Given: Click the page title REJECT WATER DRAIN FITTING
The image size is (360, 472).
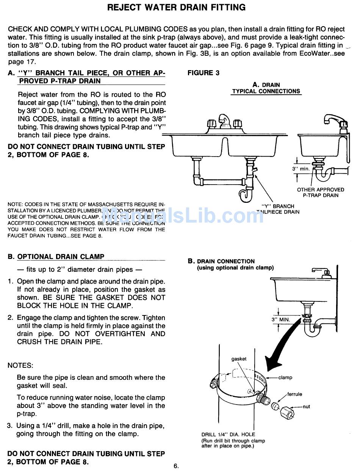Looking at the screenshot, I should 176,7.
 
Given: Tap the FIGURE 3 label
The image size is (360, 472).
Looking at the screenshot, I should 203,73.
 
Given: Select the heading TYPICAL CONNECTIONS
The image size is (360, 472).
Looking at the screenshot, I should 266,91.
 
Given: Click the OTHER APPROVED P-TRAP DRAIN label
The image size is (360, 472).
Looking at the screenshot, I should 320,193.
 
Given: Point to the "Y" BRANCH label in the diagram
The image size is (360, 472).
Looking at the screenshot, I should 278,206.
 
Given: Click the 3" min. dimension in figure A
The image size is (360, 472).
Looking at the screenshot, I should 301,169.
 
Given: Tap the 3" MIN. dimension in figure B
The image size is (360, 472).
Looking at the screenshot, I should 281,320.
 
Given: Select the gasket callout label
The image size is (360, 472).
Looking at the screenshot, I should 239,359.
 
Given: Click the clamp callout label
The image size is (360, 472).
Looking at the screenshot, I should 285,378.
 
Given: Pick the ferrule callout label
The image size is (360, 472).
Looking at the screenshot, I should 294,394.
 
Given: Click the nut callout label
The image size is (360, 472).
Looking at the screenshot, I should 306,406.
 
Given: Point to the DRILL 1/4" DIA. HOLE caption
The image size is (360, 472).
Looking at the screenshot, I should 228,434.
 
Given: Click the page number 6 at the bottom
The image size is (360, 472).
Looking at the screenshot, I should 176,466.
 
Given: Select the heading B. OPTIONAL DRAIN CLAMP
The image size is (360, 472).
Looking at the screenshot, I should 56,257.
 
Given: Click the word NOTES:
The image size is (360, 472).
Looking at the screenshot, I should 20,365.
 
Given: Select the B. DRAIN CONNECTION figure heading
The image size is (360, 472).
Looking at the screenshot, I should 221,261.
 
